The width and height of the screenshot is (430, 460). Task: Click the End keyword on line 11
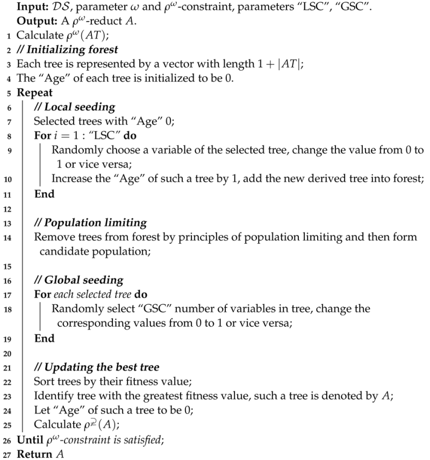(45, 193)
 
